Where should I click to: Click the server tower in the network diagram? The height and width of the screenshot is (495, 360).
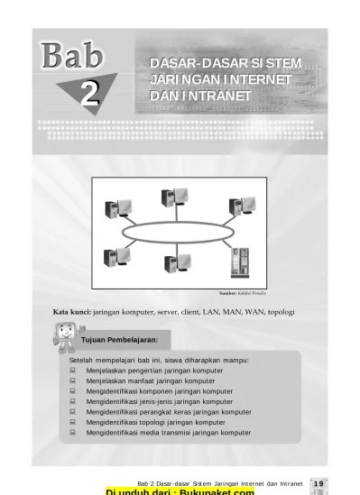pyautogui.click(x=241, y=261)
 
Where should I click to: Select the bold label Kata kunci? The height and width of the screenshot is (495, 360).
pyautogui.click(x=72, y=312)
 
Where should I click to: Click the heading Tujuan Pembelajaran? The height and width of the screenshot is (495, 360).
pyautogui.click(x=120, y=340)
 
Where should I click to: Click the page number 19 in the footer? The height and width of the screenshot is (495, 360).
pyautogui.click(x=318, y=483)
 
